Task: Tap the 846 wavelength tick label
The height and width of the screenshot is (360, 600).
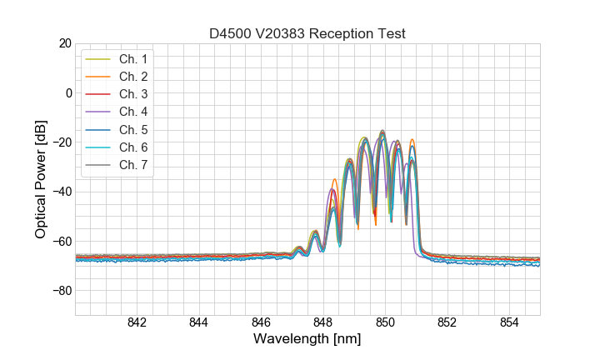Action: click(x=261, y=322)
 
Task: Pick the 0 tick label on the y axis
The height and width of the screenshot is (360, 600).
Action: click(x=68, y=92)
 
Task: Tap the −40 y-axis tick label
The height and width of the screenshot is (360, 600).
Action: click(x=61, y=192)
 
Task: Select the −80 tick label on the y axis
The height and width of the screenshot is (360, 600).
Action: click(x=61, y=291)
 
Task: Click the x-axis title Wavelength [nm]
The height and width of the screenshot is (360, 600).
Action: click(x=307, y=339)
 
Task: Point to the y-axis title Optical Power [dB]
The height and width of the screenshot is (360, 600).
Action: click(x=41, y=179)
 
